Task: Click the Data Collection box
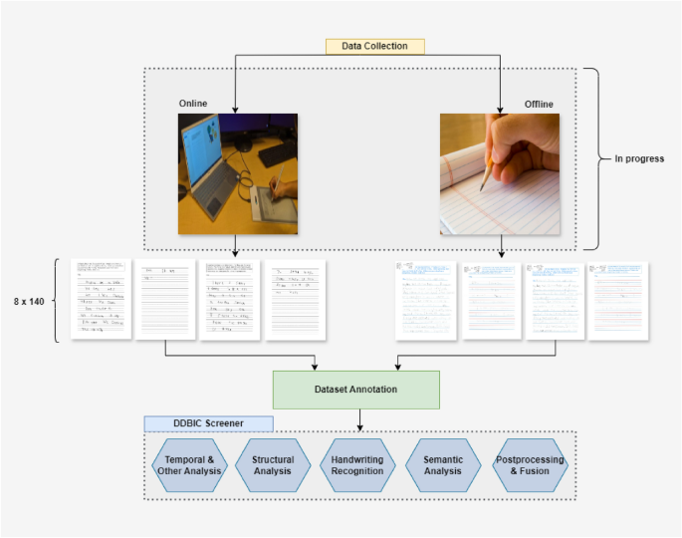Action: [x=374, y=46]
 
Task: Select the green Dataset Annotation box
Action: [x=356, y=390]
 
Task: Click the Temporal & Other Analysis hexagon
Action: [x=189, y=465]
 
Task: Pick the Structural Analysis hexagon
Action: [x=272, y=465]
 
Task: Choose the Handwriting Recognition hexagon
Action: [x=356, y=465]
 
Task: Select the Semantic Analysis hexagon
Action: [x=443, y=465]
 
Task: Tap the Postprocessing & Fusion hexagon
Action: [x=529, y=465]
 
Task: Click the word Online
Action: [x=193, y=104]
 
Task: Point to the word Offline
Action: [x=539, y=104]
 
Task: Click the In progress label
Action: [x=637, y=158]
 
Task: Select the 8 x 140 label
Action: [x=29, y=301]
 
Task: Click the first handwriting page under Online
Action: [x=101, y=299]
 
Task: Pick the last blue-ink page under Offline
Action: [x=617, y=301]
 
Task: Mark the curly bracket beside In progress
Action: [x=592, y=158]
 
